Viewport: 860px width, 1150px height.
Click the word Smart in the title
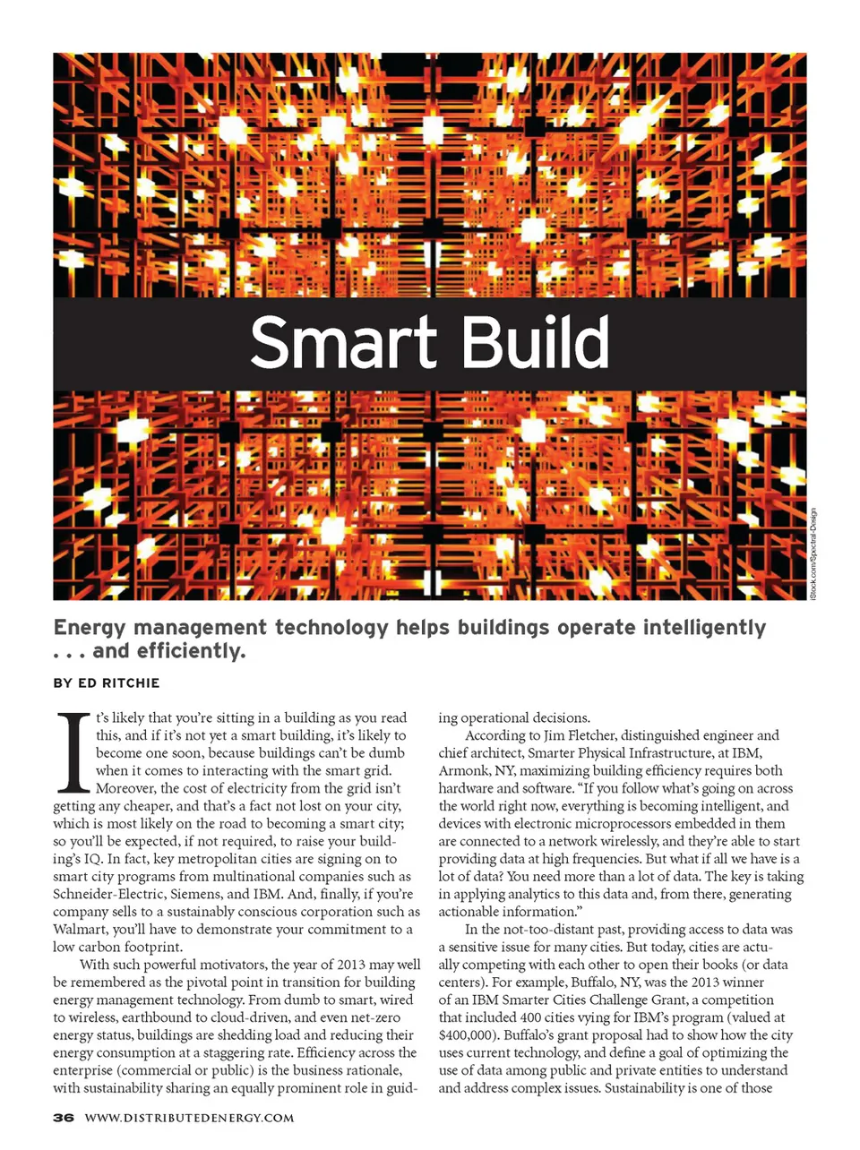[x=342, y=343]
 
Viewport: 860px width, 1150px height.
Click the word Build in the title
[x=536, y=343]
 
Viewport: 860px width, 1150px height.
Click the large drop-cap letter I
[x=73, y=753]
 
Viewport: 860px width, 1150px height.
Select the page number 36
[x=63, y=1118]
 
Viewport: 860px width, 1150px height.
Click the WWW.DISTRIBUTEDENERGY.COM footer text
[x=189, y=1118]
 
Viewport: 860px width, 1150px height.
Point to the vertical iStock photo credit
[x=813, y=554]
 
